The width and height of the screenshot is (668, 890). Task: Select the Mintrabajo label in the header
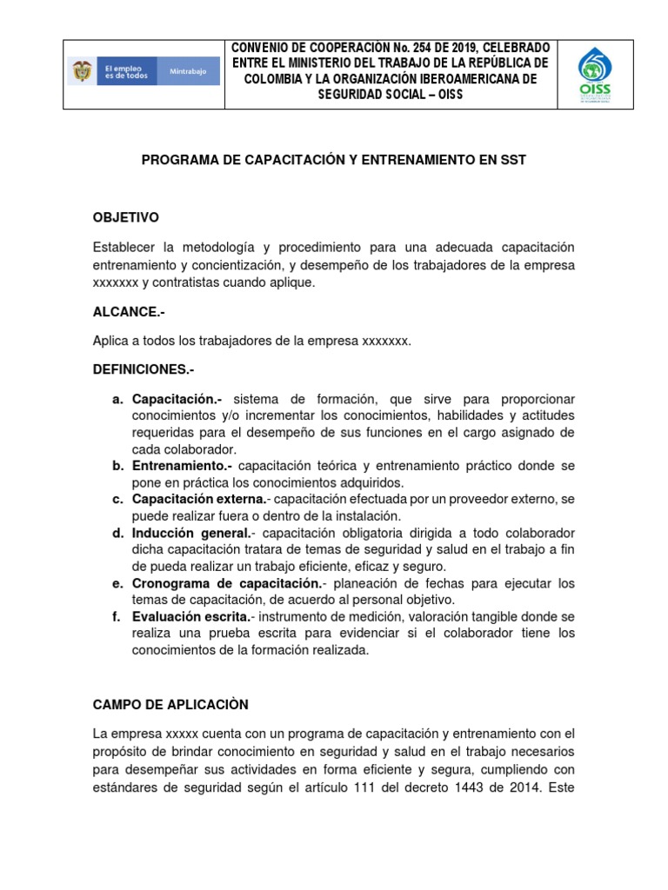click(x=188, y=71)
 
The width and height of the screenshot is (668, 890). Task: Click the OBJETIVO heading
click(x=126, y=216)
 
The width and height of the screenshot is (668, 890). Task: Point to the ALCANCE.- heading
click(x=129, y=310)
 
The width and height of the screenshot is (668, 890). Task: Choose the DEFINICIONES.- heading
click(x=144, y=369)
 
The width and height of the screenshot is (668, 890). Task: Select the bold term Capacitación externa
click(x=199, y=499)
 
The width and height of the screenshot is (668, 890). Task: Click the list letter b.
click(x=117, y=466)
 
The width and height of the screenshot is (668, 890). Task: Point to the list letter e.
click(x=117, y=582)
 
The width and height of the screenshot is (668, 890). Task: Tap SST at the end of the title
click(x=513, y=161)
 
